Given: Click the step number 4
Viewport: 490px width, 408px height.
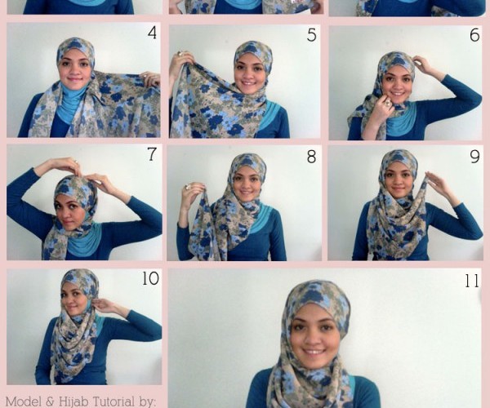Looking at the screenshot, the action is [x=152, y=33].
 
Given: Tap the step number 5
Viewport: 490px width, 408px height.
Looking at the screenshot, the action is [x=312, y=35].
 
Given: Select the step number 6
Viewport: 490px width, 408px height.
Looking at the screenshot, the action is [x=474, y=35].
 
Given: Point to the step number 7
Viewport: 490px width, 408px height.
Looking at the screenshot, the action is [x=152, y=154].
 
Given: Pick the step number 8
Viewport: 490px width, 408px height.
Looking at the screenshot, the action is [x=311, y=157].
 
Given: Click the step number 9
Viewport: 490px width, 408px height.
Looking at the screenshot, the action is [x=474, y=157].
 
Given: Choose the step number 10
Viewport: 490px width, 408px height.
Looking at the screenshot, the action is [x=150, y=278].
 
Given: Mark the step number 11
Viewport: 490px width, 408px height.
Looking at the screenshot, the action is [x=472, y=281].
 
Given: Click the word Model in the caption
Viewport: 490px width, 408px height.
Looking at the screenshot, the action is [x=24, y=401].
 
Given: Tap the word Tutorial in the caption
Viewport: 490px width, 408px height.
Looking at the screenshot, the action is [x=114, y=401].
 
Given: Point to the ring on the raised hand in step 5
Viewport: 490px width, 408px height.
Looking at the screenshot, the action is [x=180, y=54].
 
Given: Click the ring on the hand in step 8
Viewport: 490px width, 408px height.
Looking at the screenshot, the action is [x=189, y=187].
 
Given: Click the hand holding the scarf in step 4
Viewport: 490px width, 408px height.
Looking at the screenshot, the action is [x=150, y=79].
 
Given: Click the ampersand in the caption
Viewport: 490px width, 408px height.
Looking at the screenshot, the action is [x=50, y=401].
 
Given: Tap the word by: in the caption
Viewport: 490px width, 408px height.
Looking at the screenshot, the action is [x=148, y=402].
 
